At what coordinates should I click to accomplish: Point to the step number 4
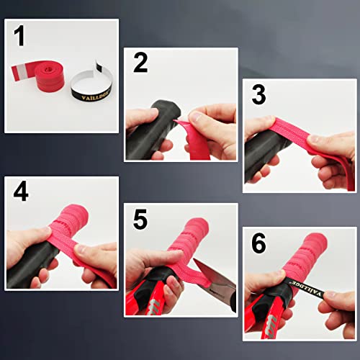22,192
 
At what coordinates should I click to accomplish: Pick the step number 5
140,220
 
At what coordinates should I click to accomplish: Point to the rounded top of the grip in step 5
155,252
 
